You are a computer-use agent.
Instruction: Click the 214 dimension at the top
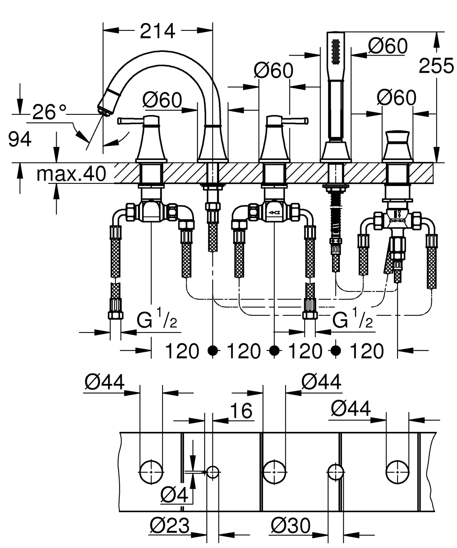158,31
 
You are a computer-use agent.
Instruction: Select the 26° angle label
49,112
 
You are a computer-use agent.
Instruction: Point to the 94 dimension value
20,139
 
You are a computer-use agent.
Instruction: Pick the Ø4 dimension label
174,495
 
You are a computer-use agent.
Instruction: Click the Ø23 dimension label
170,526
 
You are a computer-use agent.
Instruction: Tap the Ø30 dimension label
291,526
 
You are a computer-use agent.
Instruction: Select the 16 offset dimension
241,411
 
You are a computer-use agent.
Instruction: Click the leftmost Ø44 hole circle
151,473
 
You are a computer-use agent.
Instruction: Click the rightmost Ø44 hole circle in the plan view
397,473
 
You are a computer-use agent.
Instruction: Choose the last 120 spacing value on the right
367,351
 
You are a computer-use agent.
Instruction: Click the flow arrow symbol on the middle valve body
274,213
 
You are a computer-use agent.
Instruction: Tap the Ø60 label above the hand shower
388,46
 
